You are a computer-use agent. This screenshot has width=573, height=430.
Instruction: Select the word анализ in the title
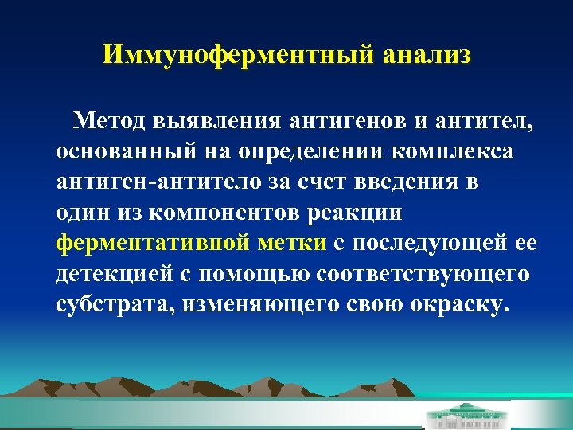tap(427, 55)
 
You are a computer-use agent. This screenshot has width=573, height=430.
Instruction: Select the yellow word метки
tap(296, 243)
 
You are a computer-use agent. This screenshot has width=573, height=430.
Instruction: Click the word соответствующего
tap(423, 274)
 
